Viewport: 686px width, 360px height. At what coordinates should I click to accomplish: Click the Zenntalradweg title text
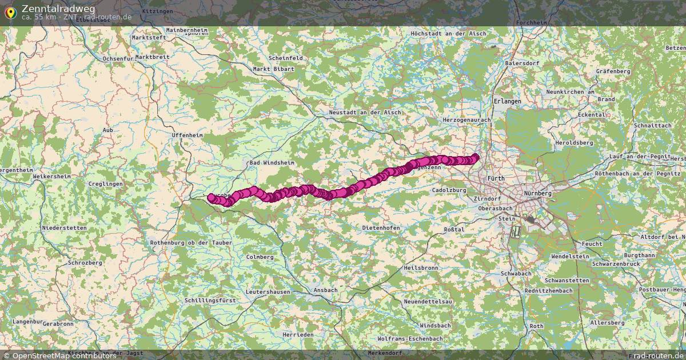(x=58, y=8)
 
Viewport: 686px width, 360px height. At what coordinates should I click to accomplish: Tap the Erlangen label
(x=506, y=101)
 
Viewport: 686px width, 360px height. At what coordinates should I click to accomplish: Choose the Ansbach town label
(x=325, y=290)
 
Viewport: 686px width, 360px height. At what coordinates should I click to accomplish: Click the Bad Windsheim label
(x=272, y=163)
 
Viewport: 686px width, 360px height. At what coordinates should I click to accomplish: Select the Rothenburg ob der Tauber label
(x=191, y=243)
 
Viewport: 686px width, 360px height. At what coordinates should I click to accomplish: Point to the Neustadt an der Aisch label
(x=364, y=113)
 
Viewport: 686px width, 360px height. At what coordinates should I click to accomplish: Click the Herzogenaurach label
(x=466, y=120)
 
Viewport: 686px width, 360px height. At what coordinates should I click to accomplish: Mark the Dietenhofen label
(x=381, y=228)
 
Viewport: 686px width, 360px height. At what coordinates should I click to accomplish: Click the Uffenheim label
(x=187, y=135)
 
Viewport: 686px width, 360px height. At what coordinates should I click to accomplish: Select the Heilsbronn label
(x=420, y=267)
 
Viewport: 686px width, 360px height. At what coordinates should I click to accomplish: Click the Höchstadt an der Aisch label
(x=448, y=34)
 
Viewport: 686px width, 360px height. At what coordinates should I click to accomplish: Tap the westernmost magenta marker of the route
(x=211, y=197)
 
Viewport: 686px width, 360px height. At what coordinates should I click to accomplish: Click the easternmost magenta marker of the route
(x=476, y=157)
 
